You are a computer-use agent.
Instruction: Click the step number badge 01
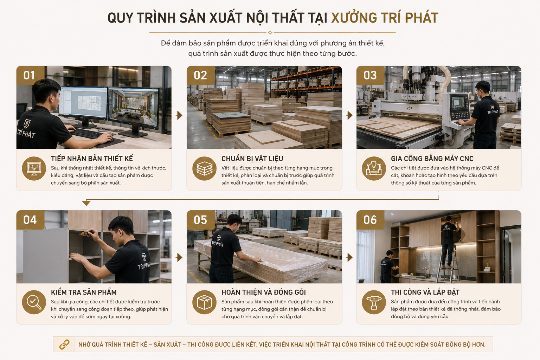(30, 75)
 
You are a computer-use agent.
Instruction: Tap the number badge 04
(30, 220)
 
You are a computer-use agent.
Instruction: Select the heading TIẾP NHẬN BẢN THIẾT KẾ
(92, 159)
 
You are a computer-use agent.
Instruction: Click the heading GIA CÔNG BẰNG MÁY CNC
(432, 159)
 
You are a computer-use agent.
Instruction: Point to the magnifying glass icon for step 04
(34, 302)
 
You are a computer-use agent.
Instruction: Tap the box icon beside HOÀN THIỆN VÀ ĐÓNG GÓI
(204, 302)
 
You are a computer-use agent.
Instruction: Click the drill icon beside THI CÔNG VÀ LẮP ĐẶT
(374, 302)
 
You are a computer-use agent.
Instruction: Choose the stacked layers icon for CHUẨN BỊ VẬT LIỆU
(204, 168)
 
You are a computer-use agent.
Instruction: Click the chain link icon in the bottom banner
(64, 345)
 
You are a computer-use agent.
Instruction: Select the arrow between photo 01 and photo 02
(179, 115)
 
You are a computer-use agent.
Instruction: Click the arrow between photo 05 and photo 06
(349, 258)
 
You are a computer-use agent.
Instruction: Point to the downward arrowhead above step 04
(86, 203)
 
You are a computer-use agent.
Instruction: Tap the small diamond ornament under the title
(270, 33)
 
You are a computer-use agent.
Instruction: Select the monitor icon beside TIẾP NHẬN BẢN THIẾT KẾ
(34, 168)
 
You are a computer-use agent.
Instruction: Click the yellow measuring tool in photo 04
(86, 233)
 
